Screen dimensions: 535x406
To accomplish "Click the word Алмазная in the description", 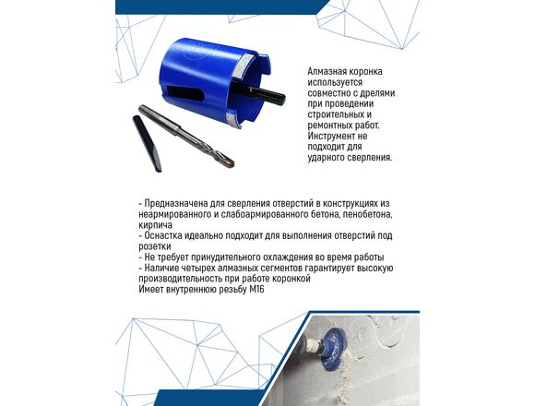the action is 326,72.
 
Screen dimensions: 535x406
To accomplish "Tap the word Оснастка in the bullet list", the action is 162,235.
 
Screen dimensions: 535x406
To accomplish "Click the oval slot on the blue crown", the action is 184,93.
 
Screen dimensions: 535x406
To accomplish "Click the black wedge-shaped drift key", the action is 147,143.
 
